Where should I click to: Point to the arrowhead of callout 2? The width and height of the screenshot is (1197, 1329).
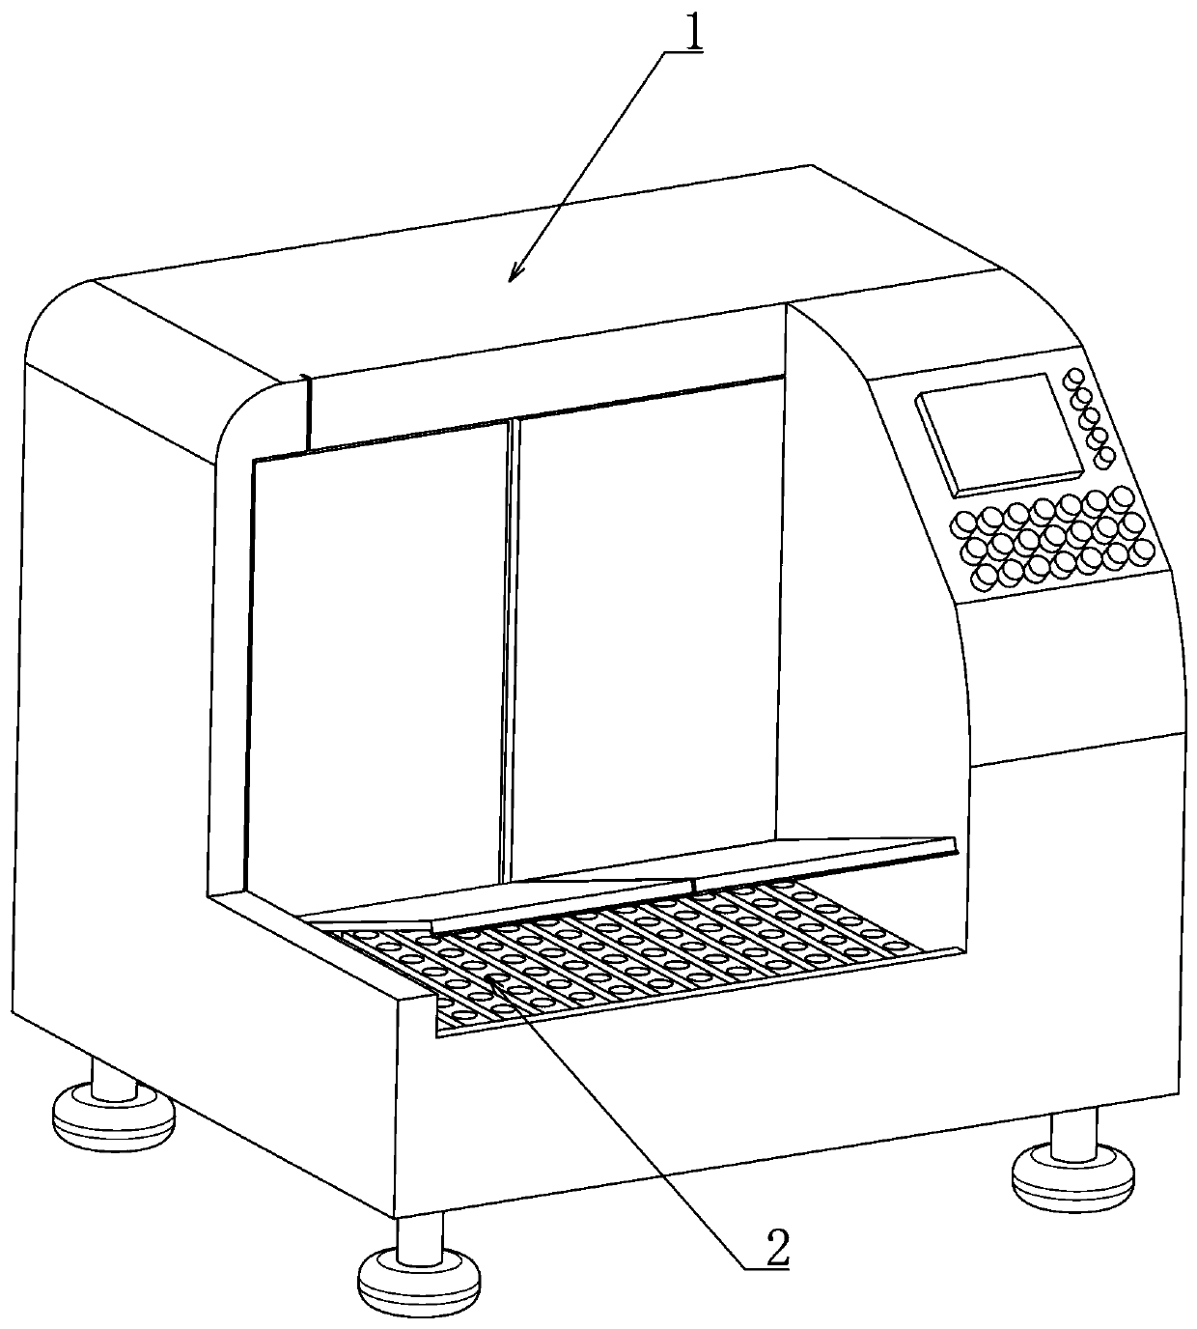tap(491, 981)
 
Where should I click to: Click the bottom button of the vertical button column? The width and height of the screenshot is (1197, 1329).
tap(1106, 455)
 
